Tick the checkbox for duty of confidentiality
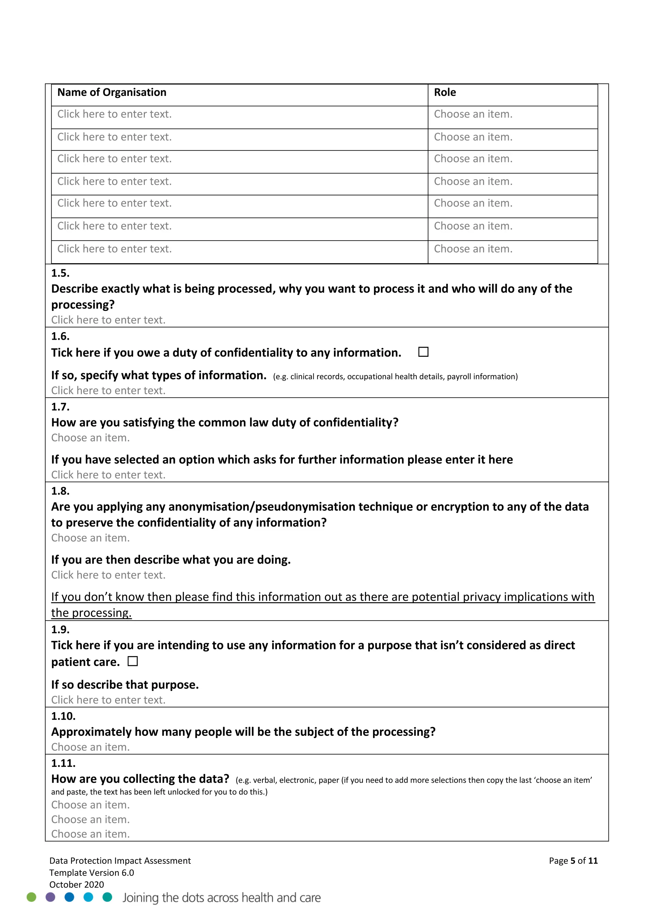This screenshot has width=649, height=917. point(423,352)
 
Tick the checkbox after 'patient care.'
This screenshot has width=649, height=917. point(133,661)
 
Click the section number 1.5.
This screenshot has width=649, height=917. point(60,273)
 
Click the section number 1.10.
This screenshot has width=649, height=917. point(63,716)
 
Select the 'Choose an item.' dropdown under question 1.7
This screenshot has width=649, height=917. point(90,438)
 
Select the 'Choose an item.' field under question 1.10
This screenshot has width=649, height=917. point(90,747)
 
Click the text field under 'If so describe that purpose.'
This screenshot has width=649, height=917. point(108,700)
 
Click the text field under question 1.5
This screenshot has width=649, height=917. point(108,320)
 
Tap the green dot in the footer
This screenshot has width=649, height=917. point(31,897)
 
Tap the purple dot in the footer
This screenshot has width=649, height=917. point(50,897)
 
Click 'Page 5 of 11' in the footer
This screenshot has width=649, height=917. point(573,861)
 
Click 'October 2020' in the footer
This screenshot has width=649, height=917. point(76,884)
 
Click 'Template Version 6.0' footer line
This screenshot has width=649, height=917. point(92,873)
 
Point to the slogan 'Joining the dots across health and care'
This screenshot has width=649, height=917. point(222,897)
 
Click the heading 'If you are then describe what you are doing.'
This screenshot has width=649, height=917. point(170,560)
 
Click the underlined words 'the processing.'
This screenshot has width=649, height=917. point(91,613)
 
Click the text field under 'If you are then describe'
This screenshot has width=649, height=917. point(108,575)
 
